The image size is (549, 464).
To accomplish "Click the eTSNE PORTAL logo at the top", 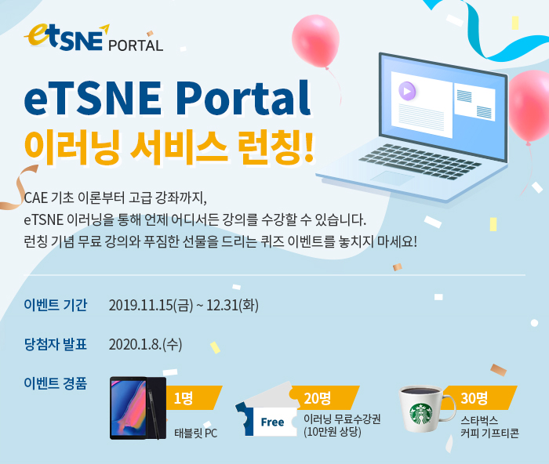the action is click(93, 38).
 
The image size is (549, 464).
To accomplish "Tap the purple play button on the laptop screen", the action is click(407, 91).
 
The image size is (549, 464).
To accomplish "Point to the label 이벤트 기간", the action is click(56, 305).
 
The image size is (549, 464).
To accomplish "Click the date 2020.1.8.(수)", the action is click(145, 344).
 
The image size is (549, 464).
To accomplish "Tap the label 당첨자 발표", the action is click(56, 344).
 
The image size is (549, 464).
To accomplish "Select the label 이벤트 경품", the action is click(56, 383).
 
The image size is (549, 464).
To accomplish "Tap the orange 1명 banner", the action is click(193, 398).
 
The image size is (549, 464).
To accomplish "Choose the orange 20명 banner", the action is click(324, 397).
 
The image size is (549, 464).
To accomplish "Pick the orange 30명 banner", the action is click(479, 397).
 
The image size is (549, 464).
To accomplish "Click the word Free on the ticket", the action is click(272, 422).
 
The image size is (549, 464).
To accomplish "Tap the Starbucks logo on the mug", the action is click(421, 414).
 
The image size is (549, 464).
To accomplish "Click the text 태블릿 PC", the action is click(196, 433).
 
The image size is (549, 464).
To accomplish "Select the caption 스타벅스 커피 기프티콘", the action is click(489, 426).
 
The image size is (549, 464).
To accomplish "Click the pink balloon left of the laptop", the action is click(315, 41).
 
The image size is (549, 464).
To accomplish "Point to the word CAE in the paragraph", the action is click(36, 198).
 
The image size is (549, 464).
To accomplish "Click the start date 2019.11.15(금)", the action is click(151, 305).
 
